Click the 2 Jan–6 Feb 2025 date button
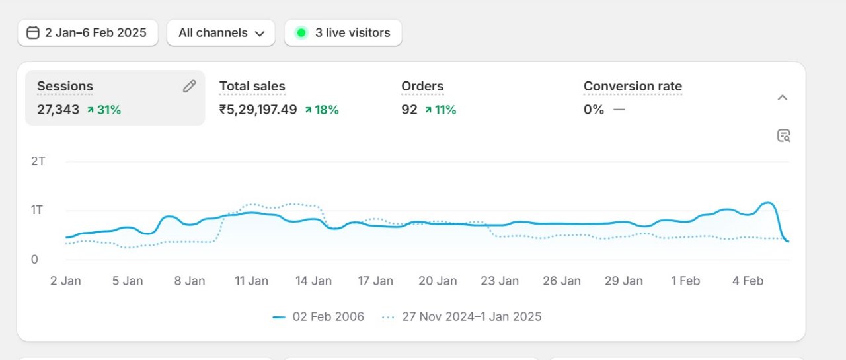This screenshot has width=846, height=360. click(87, 33)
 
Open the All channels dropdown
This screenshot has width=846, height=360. click(221, 33)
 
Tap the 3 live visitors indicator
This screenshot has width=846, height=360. click(343, 33)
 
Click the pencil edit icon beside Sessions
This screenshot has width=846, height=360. click(190, 86)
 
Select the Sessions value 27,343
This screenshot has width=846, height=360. click(58, 110)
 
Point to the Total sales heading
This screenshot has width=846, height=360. click(252, 86)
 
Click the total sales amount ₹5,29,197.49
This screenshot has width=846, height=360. click(258, 110)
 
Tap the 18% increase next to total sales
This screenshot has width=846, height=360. click(322, 110)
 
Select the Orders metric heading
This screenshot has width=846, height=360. click(422, 86)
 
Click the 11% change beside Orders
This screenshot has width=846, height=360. click(440, 110)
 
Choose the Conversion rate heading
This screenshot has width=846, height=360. click(633, 86)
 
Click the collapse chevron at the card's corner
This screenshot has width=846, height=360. click(783, 98)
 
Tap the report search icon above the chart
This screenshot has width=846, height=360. click(784, 136)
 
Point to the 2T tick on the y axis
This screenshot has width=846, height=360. click(38, 161)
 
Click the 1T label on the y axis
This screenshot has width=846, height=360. click(38, 210)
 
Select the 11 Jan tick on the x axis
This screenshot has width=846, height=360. click(252, 281)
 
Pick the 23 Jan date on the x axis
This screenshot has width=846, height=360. click(500, 281)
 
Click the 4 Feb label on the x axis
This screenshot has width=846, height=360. click(748, 281)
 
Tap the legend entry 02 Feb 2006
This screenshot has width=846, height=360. click(319, 317)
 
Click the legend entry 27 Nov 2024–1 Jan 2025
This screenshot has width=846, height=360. click(462, 317)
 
